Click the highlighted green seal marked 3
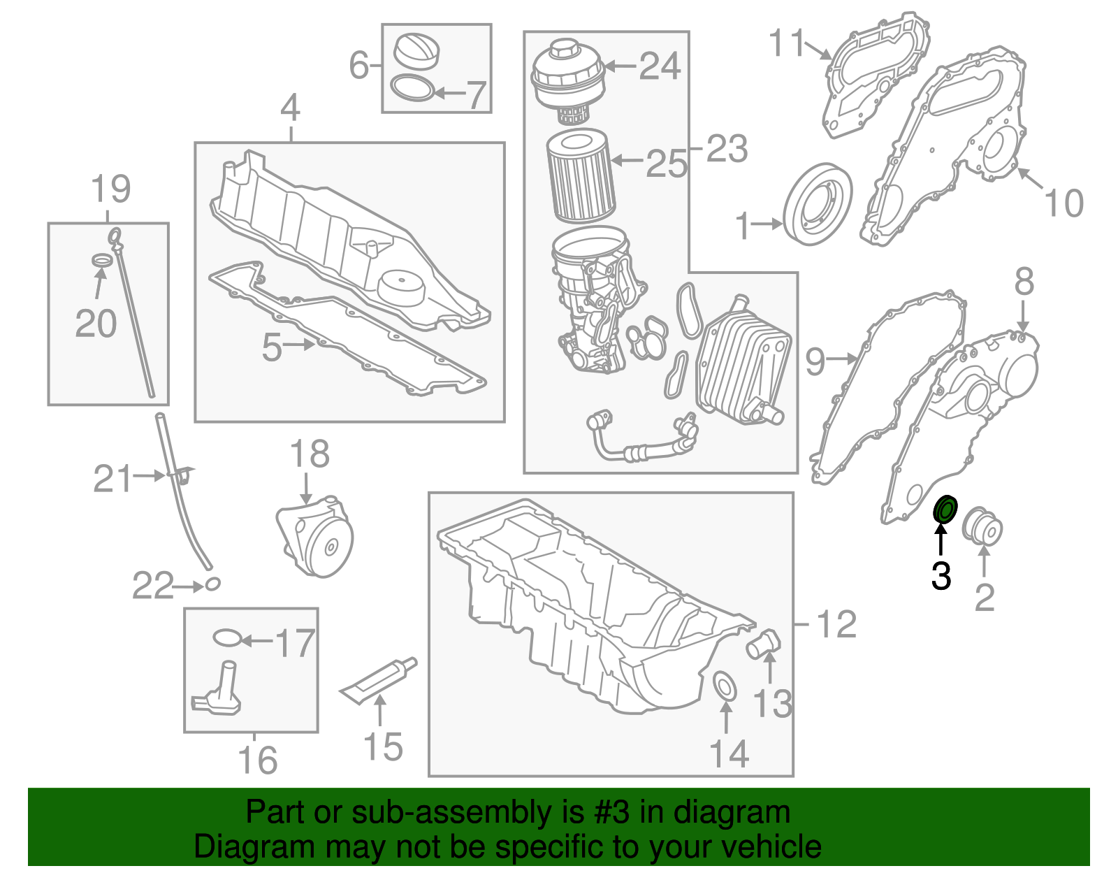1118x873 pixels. [946, 510]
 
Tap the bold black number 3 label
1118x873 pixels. [941, 577]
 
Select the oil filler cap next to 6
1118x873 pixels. [417, 51]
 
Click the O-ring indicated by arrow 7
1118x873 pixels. [412, 89]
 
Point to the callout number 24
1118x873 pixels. [660, 66]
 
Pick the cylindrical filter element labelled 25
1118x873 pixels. [580, 177]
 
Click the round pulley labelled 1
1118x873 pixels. [818, 203]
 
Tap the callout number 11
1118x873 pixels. [787, 43]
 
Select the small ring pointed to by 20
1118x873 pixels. [103, 261]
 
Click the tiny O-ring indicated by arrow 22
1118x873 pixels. [212, 584]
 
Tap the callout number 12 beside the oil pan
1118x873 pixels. [836, 624]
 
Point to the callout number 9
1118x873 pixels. [815, 361]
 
